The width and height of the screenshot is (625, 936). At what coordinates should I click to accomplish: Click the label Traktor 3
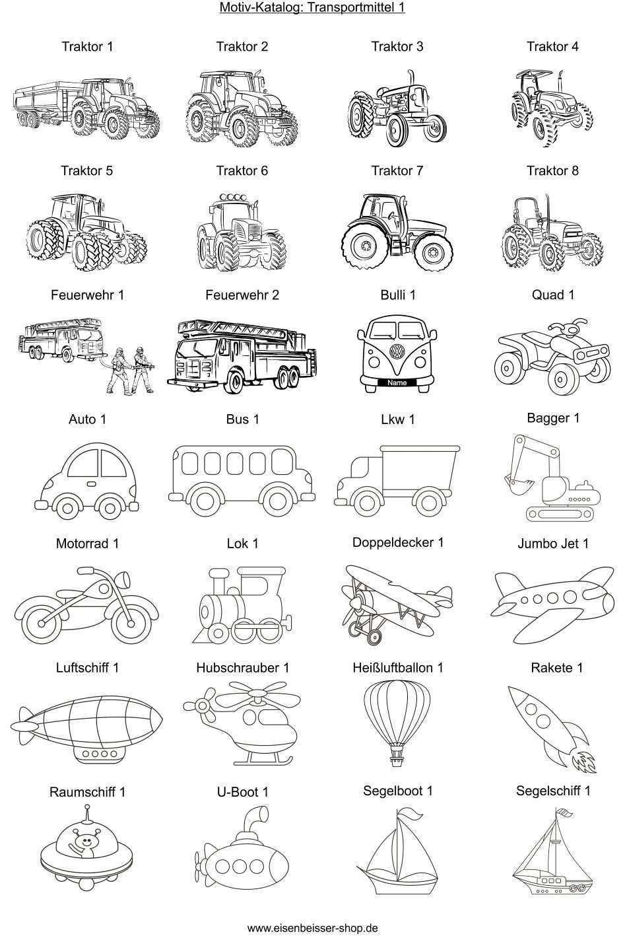click(x=397, y=46)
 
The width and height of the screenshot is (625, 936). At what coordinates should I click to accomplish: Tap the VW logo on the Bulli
click(x=397, y=351)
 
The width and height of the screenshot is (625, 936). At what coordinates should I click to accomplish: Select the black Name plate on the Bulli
click(x=397, y=382)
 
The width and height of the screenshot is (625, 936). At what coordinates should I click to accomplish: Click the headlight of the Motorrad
click(x=125, y=579)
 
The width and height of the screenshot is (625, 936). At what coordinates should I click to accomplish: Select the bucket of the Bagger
click(x=517, y=485)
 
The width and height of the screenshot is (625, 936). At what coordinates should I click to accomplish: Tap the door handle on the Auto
click(x=91, y=484)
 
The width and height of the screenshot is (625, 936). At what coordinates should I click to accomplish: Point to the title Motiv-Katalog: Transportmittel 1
click(x=312, y=7)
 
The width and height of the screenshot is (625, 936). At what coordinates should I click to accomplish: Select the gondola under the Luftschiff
click(x=99, y=754)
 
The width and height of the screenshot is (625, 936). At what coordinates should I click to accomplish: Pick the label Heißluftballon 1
click(x=397, y=668)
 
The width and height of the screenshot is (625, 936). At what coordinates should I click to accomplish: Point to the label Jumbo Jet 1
click(x=553, y=544)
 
